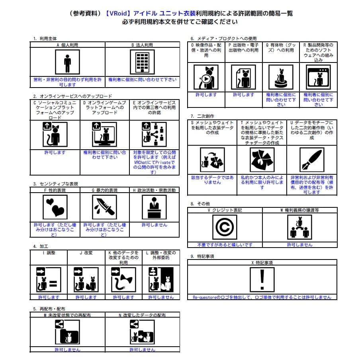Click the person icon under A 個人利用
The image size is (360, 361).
tap(67, 62)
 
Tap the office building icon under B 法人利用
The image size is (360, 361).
tap(142, 62)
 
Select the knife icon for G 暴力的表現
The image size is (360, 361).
tap(104, 207)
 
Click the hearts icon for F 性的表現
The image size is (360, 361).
tap(55, 207)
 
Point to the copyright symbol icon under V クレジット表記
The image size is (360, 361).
tap(225, 227)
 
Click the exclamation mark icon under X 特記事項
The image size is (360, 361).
tap(262, 280)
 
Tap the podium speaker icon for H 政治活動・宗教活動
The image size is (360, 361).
tap(154, 207)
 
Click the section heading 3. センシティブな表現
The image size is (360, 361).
tap(56, 184)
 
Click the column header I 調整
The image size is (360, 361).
tap(49, 252)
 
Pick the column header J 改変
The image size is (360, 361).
tap(86, 252)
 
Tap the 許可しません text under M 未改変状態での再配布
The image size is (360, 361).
tap(67, 349)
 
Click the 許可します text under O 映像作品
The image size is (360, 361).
tap(206, 95)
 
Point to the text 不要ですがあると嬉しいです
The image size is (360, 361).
tap(225, 245)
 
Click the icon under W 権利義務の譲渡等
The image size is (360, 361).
tap(299, 227)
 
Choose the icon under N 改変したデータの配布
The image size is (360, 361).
tap(142, 332)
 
